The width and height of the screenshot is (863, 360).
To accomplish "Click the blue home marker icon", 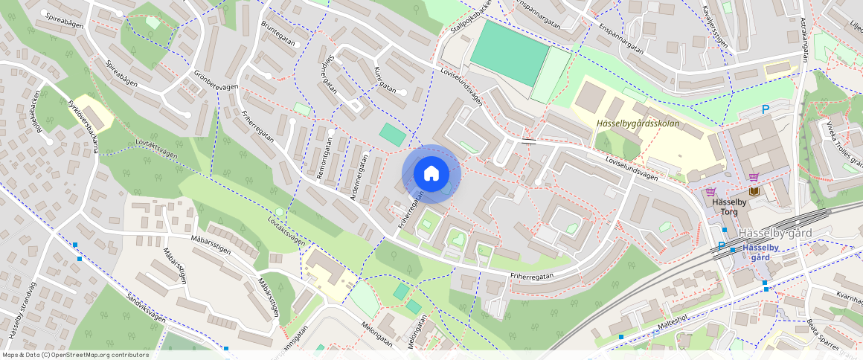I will coord(431,173).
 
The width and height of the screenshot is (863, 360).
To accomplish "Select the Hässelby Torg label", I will coord(728,207).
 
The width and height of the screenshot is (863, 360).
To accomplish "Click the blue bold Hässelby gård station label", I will coord(760,251).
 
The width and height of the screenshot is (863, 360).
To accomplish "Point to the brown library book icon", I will coord(754,192).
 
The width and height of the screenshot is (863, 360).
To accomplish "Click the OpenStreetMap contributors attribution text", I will coord(75,355).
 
